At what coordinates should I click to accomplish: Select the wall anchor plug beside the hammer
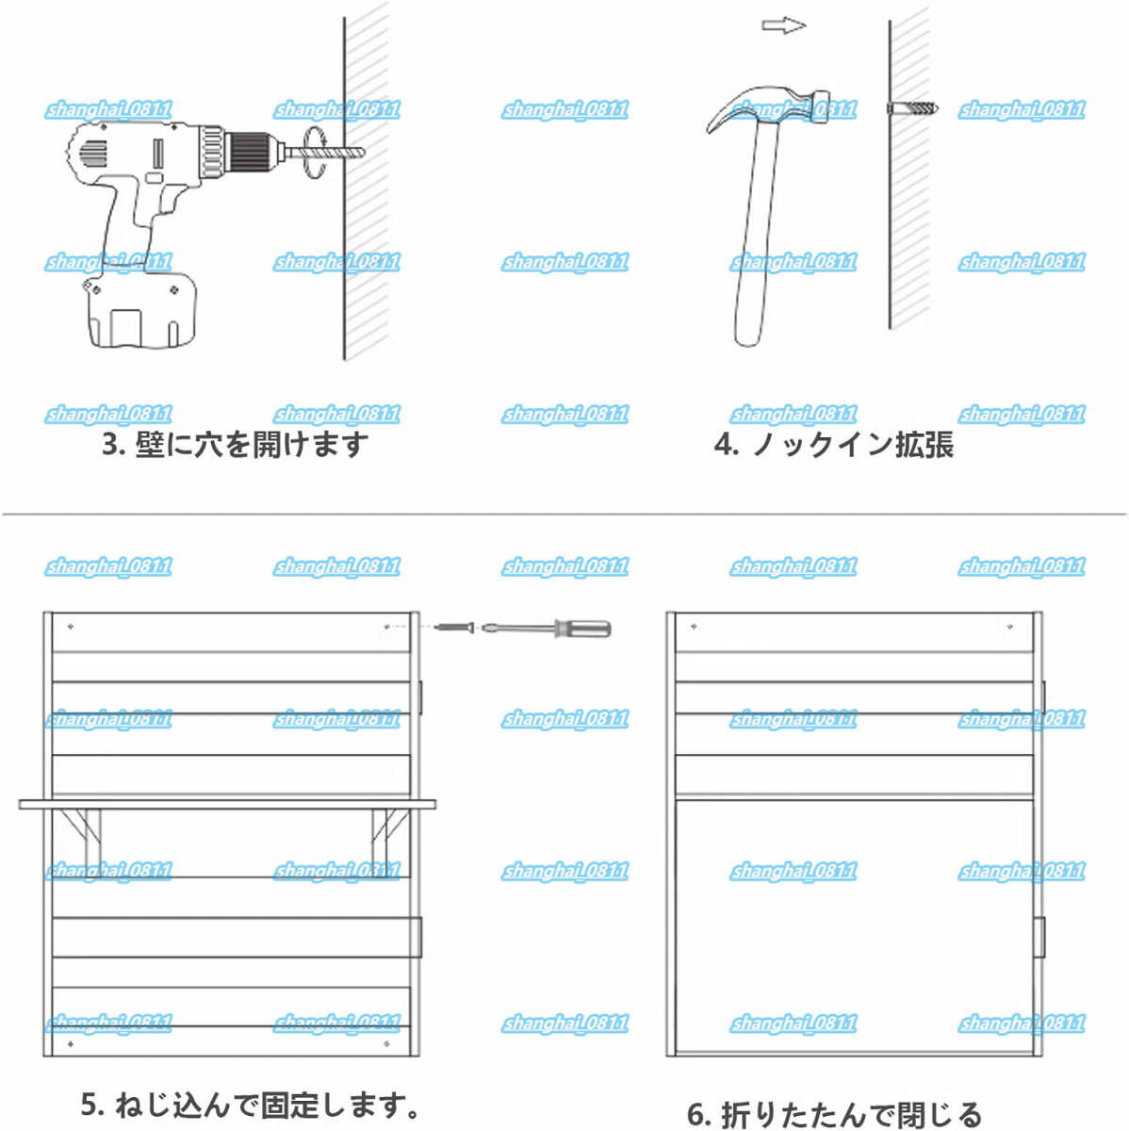click(x=913, y=108)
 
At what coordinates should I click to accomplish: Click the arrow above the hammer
click(x=783, y=26)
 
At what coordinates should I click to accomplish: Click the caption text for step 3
click(x=236, y=444)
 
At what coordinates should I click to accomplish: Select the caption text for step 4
click(x=833, y=444)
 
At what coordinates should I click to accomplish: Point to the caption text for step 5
click(x=250, y=1104)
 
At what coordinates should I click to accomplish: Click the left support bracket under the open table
click(x=80, y=828)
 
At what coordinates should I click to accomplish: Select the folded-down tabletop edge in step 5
click(x=227, y=804)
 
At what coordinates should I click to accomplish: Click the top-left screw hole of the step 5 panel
click(x=71, y=626)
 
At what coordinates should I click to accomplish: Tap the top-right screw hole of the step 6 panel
click(x=1009, y=626)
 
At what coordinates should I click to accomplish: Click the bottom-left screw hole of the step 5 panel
click(x=71, y=1045)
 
